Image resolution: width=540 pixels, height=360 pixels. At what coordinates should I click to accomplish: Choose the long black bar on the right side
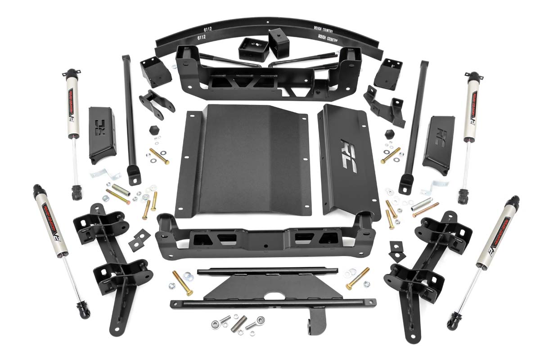415,121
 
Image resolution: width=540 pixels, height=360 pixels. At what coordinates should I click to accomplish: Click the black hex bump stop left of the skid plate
153,130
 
